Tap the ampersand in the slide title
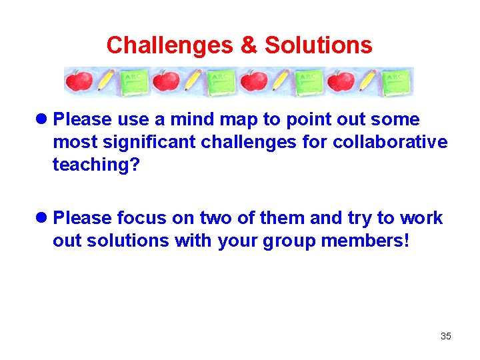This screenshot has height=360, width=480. click(248, 45)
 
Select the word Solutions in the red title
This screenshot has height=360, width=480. click(318, 45)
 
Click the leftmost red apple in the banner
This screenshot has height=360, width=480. click(79, 82)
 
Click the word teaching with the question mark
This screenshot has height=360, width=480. click(97, 165)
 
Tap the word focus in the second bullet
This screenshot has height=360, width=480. click(139, 219)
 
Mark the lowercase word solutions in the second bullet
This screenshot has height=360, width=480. click(127, 241)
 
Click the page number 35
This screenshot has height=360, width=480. click(445, 336)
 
